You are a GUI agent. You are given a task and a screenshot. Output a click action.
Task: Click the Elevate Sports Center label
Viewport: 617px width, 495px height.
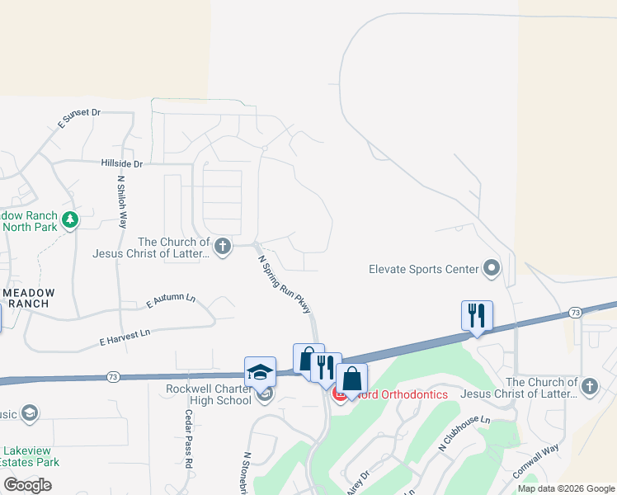(423, 269)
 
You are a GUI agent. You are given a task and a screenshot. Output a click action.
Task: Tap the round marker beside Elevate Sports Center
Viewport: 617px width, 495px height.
(492, 268)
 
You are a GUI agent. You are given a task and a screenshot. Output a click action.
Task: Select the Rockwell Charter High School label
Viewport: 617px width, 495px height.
(208, 395)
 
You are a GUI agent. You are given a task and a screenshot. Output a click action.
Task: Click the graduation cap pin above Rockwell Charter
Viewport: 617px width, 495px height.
(260, 371)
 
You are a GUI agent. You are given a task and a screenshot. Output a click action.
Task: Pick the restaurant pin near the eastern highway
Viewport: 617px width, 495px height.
(477, 316)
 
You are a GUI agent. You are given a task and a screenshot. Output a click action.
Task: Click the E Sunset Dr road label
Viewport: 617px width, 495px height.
(79, 118)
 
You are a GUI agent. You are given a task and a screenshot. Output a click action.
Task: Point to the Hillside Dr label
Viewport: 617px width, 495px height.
(122, 164)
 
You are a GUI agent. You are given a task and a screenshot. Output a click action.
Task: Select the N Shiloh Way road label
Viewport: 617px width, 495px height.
(122, 201)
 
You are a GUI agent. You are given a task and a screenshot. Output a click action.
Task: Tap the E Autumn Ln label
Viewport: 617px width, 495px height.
(171, 302)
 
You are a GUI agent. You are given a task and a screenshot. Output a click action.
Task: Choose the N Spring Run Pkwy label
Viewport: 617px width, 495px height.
(285, 284)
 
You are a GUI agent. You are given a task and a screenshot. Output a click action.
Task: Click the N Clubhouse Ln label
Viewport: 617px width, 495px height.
(464, 432)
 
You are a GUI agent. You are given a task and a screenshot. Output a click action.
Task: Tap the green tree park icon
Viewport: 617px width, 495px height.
(71, 219)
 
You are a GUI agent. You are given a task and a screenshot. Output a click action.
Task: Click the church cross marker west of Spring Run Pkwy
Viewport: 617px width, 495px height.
(222, 245)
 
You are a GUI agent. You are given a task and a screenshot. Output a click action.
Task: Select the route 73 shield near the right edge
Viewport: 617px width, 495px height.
(575, 313)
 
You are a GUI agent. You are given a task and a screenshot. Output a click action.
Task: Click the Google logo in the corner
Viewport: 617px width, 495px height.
(27, 485)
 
